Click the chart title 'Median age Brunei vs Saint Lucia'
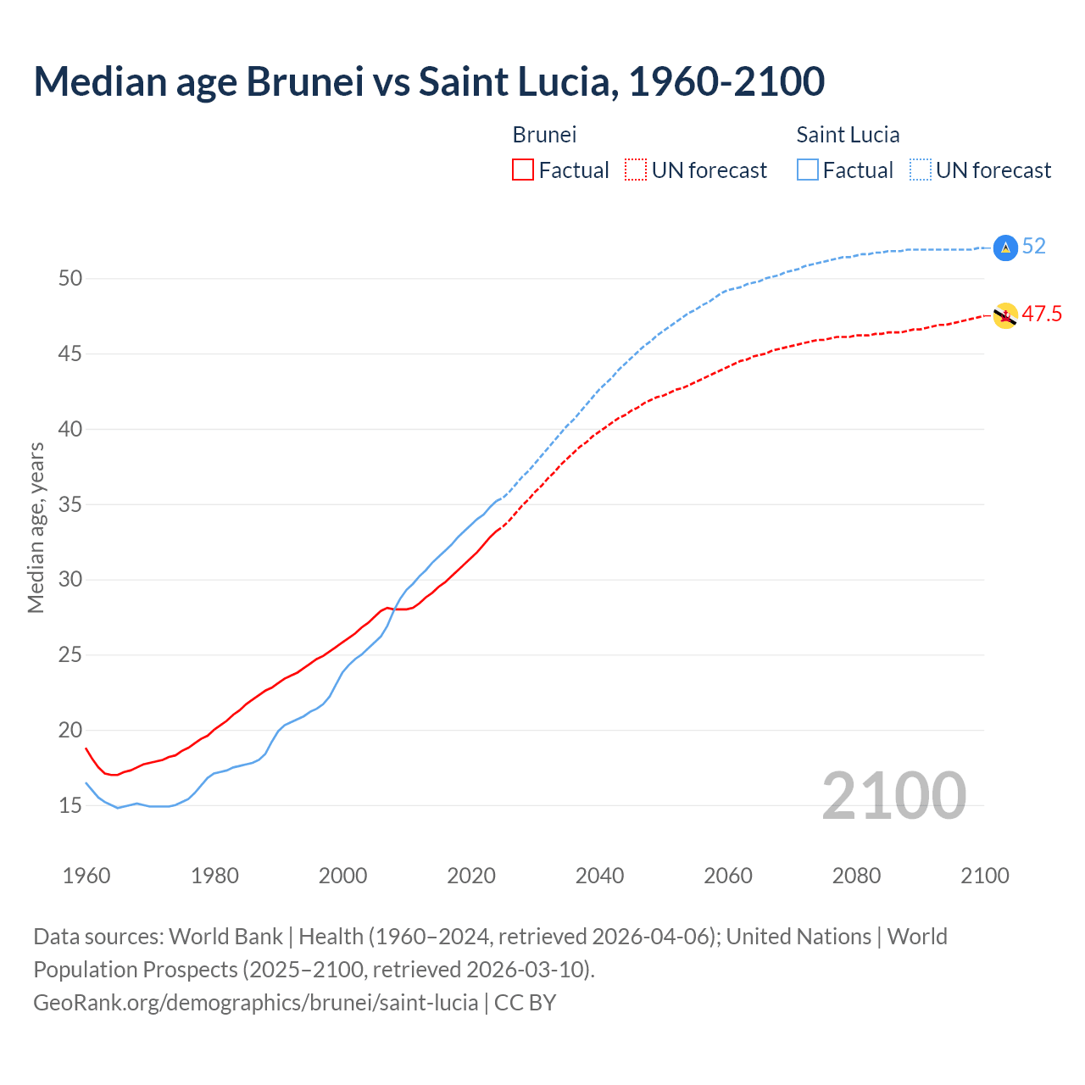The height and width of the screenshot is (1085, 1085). (428, 81)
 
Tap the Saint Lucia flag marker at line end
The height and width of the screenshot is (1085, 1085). (1004, 248)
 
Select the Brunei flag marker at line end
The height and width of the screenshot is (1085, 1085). (1004, 316)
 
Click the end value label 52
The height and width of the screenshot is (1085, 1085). (1033, 247)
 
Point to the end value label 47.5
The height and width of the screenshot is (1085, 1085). (1042, 314)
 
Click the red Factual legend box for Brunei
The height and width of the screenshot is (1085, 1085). (523, 170)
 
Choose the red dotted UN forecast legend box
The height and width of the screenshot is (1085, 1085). (636, 170)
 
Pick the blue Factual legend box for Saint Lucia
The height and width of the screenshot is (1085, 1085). (808, 170)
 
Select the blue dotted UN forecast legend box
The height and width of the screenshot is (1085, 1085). (920, 170)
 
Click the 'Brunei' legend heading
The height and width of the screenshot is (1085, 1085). (544, 135)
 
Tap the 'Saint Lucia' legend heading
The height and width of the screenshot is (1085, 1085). (848, 135)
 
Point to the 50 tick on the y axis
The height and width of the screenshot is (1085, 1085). (70, 279)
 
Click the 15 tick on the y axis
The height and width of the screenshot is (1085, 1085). (70, 805)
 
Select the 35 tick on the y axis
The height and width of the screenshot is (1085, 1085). (70, 504)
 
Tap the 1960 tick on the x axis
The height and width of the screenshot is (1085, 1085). (86, 876)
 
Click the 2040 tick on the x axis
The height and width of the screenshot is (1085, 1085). (599, 876)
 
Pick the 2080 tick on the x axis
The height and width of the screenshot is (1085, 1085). (856, 876)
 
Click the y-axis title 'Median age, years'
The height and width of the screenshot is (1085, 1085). (36, 527)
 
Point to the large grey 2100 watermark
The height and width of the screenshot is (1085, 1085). (893, 796)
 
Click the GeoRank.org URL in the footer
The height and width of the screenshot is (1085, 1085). (255, 1003)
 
